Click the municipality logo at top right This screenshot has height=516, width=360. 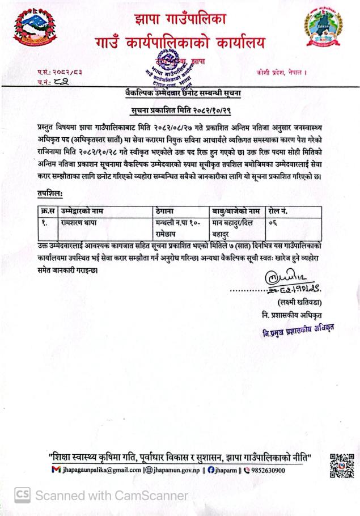[x=323, y=28]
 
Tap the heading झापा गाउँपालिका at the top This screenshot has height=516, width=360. [x=180, y=18]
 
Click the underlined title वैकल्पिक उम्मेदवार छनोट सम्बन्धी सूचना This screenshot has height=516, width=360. [x=180, y=92]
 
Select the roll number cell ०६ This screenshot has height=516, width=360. [x=273, y=222]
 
